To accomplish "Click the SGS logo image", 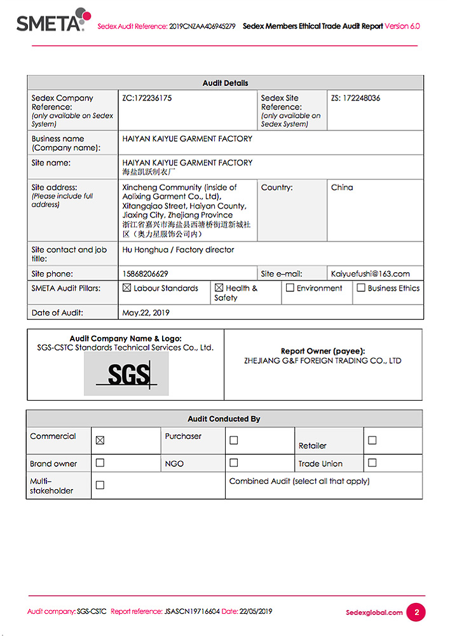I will click(x=126, y=374).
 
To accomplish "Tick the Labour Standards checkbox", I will click(x=126, y=288).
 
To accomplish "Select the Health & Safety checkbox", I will click(x=219, y=288).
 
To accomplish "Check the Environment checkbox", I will click(x=290, y=288).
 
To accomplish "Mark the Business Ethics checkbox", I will click(x=361, y=288).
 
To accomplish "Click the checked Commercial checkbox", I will click(x=100, y=440).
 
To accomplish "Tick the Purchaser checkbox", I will click(x=233, y=440).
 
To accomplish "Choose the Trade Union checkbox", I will click(x=372, y=463).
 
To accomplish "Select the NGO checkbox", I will click(x=233, y=463).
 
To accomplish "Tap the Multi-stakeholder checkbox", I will click(x=100, y=485).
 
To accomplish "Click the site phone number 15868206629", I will click(x=145, y=274).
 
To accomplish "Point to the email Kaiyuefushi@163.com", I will click(x=371, y=274).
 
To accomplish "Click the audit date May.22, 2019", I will click(x=146, y=313).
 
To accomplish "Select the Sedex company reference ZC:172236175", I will click(x=147, y=99).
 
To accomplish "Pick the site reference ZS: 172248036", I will click(x=356, y=99).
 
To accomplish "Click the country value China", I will click(x=342, y=188).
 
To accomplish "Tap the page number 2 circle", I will click(x=416, y=612).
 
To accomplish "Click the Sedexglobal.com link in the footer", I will click(x=374, y=612).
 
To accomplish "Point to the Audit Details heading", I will click(x=225, y=83).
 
